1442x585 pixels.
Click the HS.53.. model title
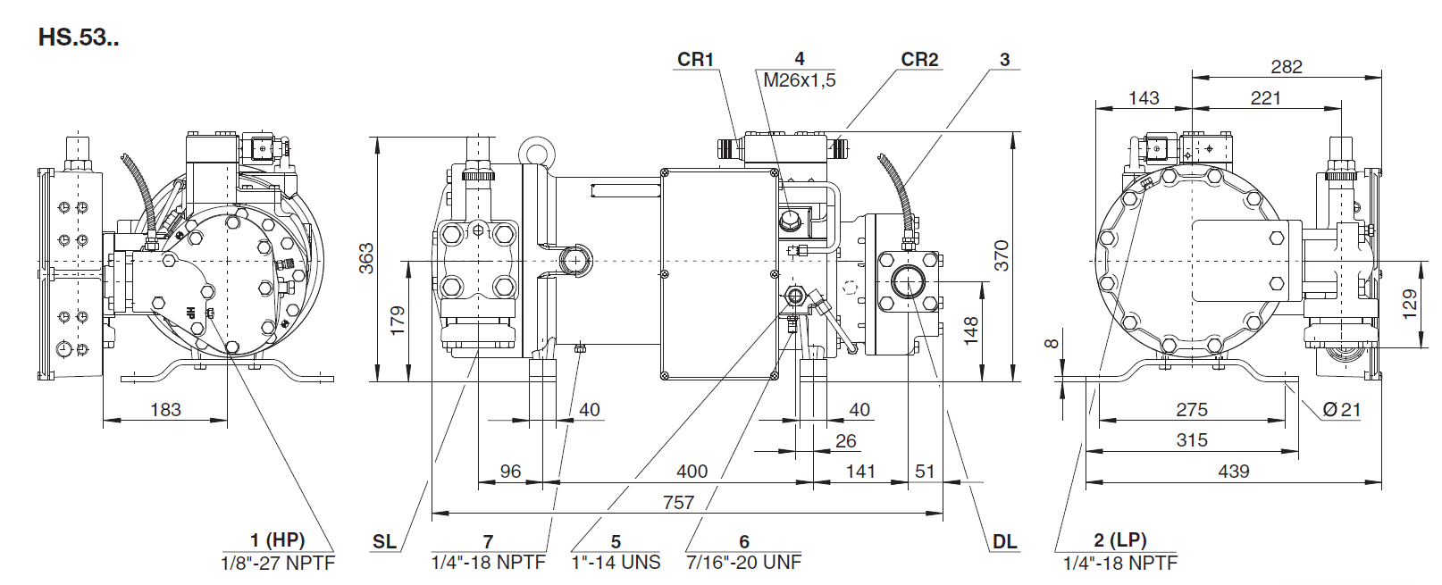[x=79, y=38]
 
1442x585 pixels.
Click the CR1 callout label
[x=695, y=59]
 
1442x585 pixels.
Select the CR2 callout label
[x=919, y=59]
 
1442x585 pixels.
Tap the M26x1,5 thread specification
[x=799, y=80]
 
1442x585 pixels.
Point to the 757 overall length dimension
[x=678, y=502]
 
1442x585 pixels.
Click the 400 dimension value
[x=692, y=471]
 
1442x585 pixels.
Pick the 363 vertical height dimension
[x=366, y=258]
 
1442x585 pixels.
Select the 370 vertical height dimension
[x=1002, y=255]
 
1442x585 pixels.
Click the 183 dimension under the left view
[x=165, y=409]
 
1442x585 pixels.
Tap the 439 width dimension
[x=1233, y=471]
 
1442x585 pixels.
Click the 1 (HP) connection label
[x=277, y=540]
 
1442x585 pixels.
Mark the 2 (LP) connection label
[x=1119, y=540]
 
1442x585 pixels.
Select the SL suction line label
[x=384, y=541]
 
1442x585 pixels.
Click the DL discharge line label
[x=1004, y=541]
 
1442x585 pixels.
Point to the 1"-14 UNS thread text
[x=616, y=563]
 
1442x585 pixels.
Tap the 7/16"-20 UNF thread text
[x=743, y=563]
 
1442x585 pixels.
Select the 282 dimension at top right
[x=1286, y=67]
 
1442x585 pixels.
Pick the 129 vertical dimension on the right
[x=1409, y=304]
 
